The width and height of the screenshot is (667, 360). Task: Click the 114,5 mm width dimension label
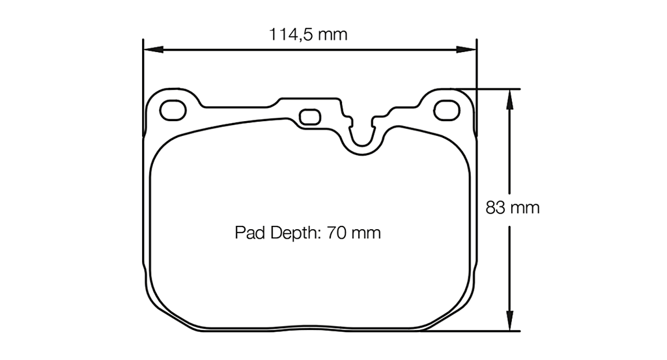click(309, 35)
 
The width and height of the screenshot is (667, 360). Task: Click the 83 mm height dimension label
click(513, 208)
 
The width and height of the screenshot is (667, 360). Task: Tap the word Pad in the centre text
click(248, 232)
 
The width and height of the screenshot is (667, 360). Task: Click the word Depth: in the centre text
click(292, 232)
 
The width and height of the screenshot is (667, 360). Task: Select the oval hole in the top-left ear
click(173, 111)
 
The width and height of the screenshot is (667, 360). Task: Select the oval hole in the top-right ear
click(447, 111)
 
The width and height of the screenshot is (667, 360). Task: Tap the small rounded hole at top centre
click(309, 117)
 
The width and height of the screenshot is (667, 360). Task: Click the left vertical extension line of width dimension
click(143, 72)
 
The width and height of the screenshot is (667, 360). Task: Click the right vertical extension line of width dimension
click(476, 72)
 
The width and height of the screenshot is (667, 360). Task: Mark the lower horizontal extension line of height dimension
click(482, 331)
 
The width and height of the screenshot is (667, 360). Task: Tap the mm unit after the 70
click(367, 232)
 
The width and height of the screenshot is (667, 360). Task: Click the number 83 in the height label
click(496, 208)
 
